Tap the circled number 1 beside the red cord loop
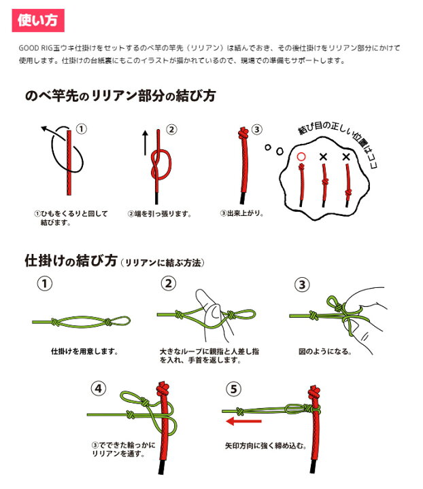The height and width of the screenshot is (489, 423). pyautogui.click(x=82, y=129)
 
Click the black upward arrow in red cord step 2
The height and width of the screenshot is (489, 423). pyautogui.click(x=145, y=143)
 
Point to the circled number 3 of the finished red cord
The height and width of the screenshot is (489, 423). pyautogui.click(x=256, y=129)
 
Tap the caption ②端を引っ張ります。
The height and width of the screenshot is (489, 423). pyautogui.click(x=159, y=214)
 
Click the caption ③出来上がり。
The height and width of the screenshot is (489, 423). pyautogui.click(x=241, y=213)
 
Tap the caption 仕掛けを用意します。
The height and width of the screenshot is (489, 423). pyautogui.click(x=85, y=352)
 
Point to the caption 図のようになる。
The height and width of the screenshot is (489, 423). pyautogui.click(x=324, y=352)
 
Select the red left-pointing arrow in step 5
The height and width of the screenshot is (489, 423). pyautogui.click(x=243, y=421)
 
